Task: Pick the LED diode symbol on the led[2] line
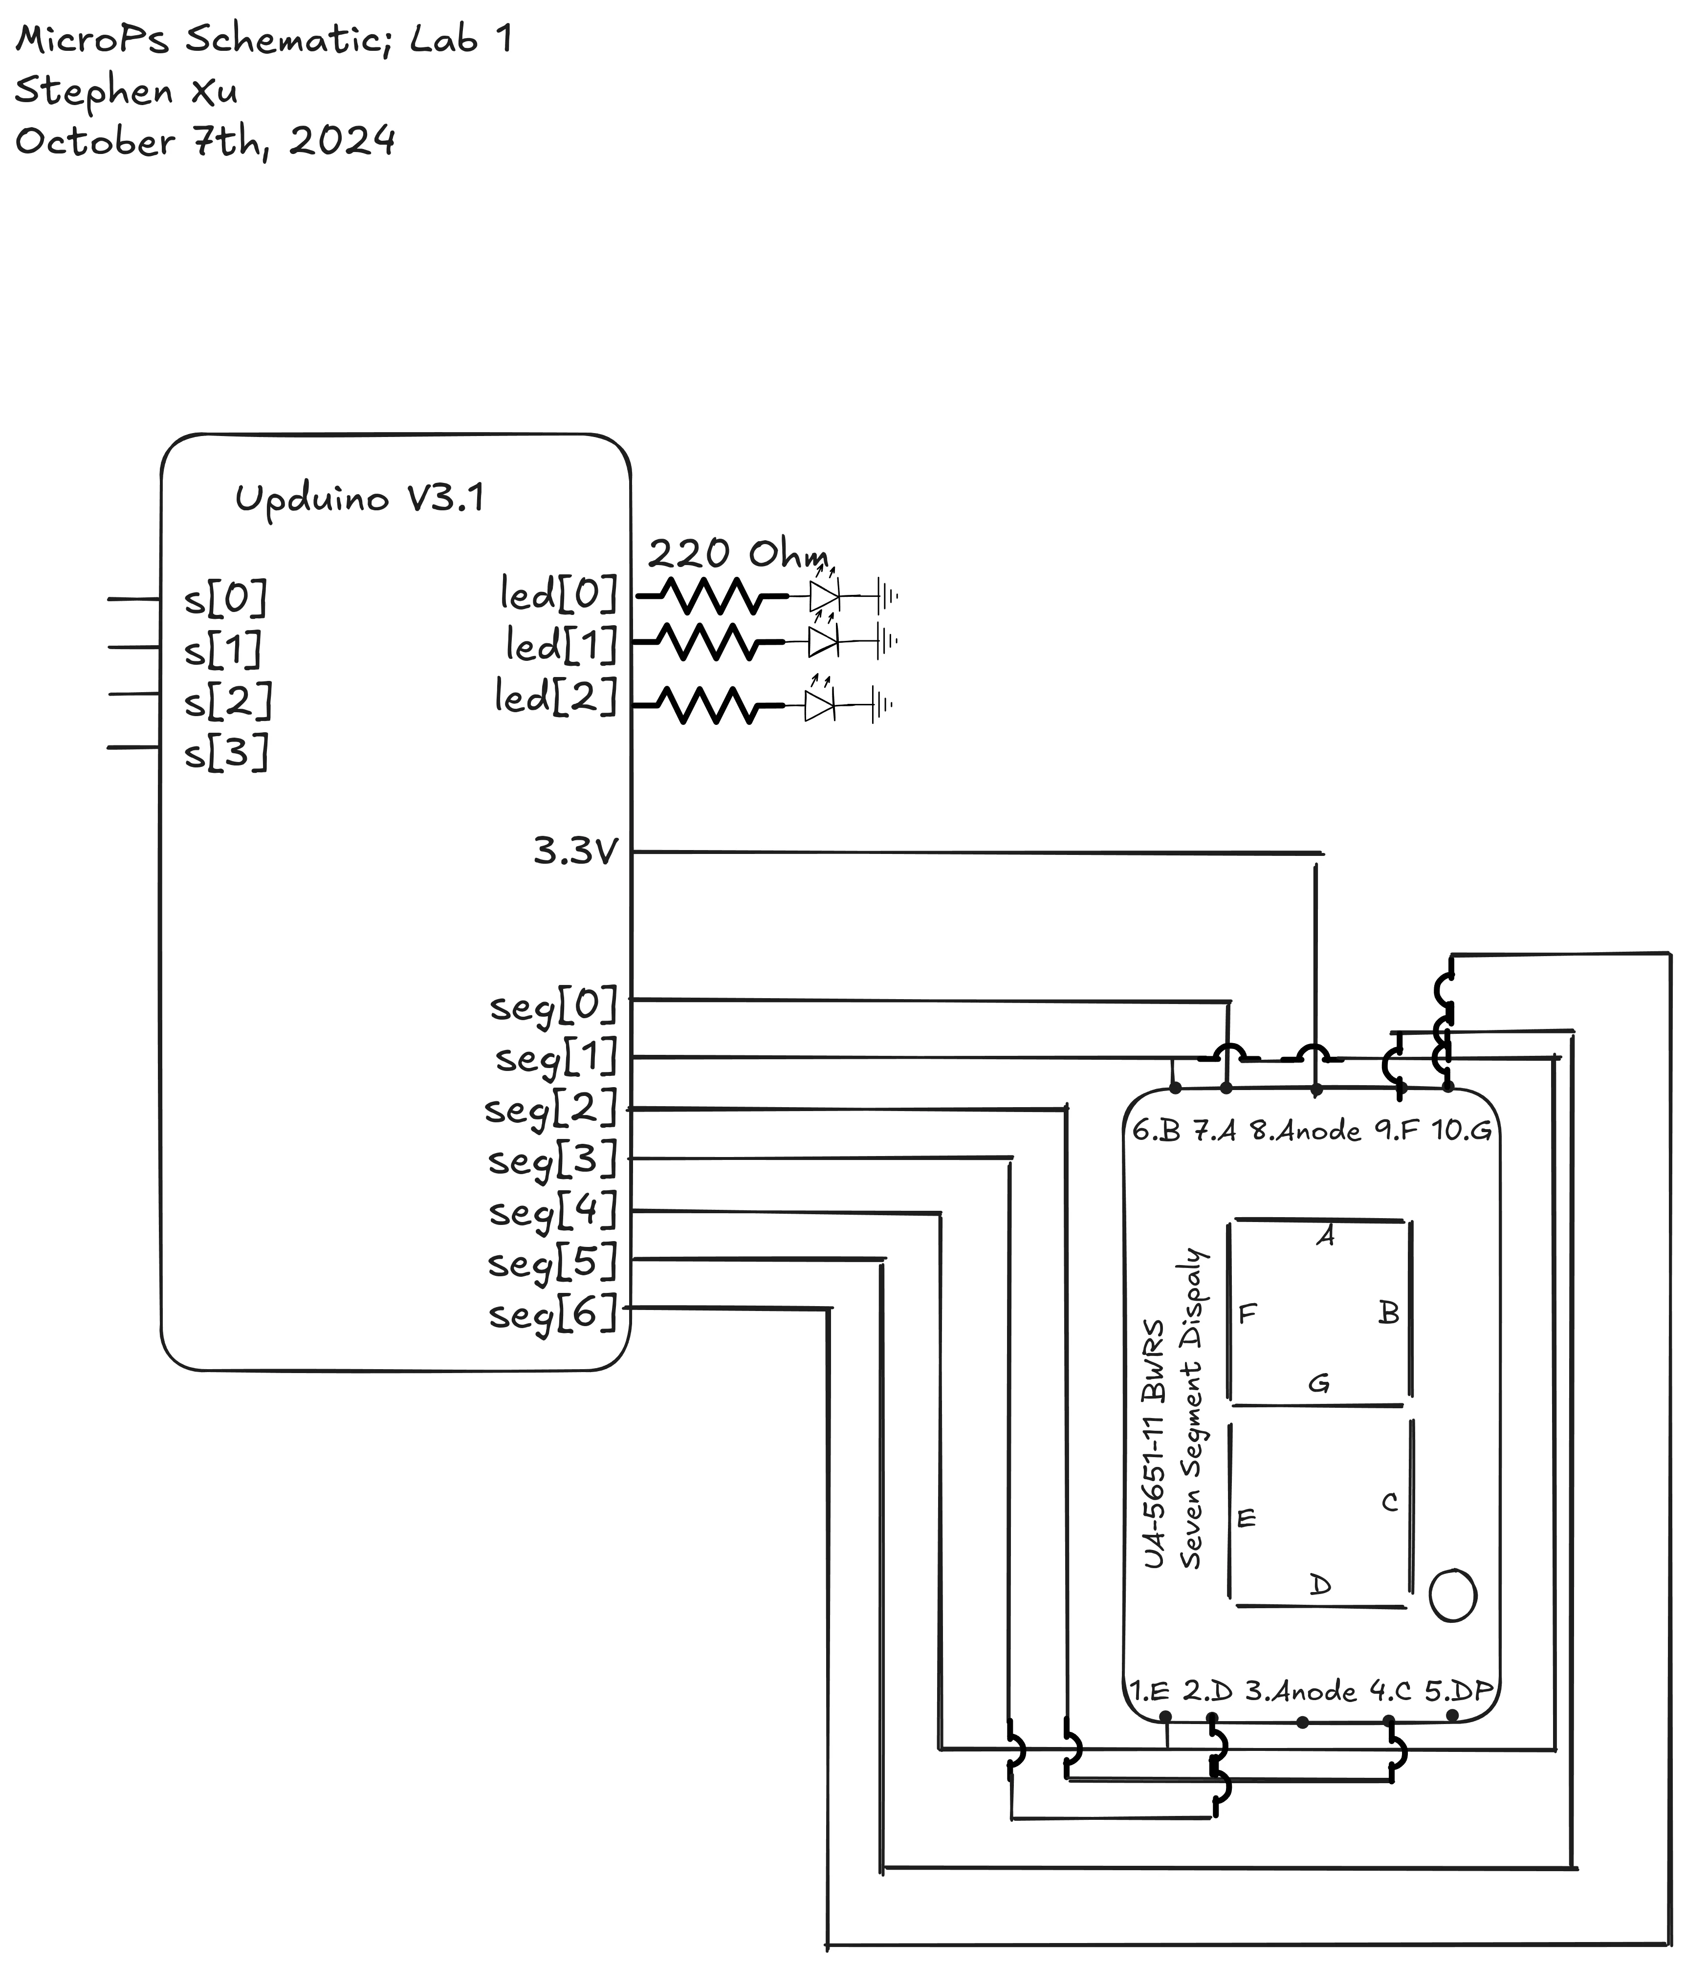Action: pos(819,705)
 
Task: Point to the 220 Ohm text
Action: pos(737,553)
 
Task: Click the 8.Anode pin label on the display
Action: pos(1305,1130)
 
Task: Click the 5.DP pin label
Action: pos(1458,1691)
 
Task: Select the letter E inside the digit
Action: pos(1247,1518)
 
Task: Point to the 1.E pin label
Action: pos(1149,1691)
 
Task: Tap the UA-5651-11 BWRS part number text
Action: pos(1154,1443)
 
